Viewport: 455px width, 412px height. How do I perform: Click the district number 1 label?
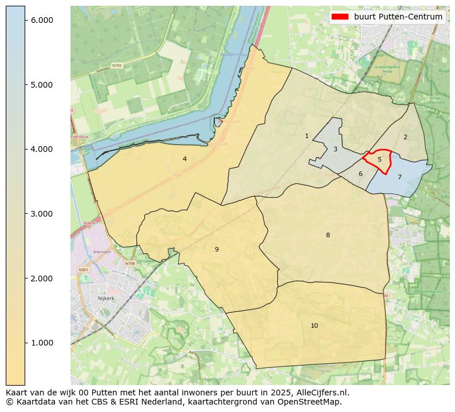(307, 136)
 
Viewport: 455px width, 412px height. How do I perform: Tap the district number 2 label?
(405, 137)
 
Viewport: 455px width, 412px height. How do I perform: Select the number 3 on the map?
(335, 150)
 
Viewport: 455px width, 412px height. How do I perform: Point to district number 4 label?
(185, 159)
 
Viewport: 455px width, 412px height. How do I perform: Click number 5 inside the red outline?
(379, 160)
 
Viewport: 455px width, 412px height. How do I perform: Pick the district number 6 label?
(360, 174)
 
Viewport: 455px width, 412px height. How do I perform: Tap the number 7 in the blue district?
(399, 178)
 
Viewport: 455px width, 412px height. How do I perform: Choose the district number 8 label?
(328, 236)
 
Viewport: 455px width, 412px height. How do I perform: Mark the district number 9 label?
(217, 249)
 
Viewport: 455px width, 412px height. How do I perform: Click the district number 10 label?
(314, 326)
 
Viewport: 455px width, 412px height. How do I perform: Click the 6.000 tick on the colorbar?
(41, 20)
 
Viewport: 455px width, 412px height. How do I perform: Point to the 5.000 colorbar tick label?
(41, 85)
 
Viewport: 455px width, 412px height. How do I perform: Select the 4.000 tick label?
(41, 149)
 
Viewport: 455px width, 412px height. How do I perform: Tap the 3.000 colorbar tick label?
(41, 214)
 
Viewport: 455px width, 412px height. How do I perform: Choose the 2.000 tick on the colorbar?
(41, 278)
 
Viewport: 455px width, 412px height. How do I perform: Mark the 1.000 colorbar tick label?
(41, 343)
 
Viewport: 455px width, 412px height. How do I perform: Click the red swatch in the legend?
(340, 17)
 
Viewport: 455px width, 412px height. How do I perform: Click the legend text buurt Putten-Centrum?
(398, 17)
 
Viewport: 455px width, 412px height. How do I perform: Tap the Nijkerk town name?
(107, 299)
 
